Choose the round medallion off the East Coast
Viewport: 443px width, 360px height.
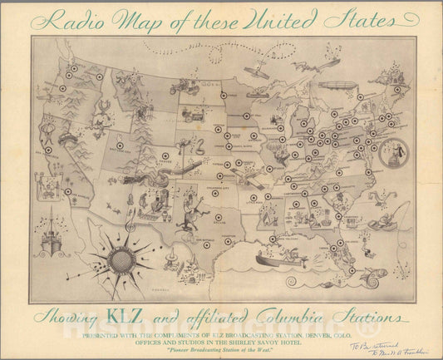pyautogui.click(x=391, y=155)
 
